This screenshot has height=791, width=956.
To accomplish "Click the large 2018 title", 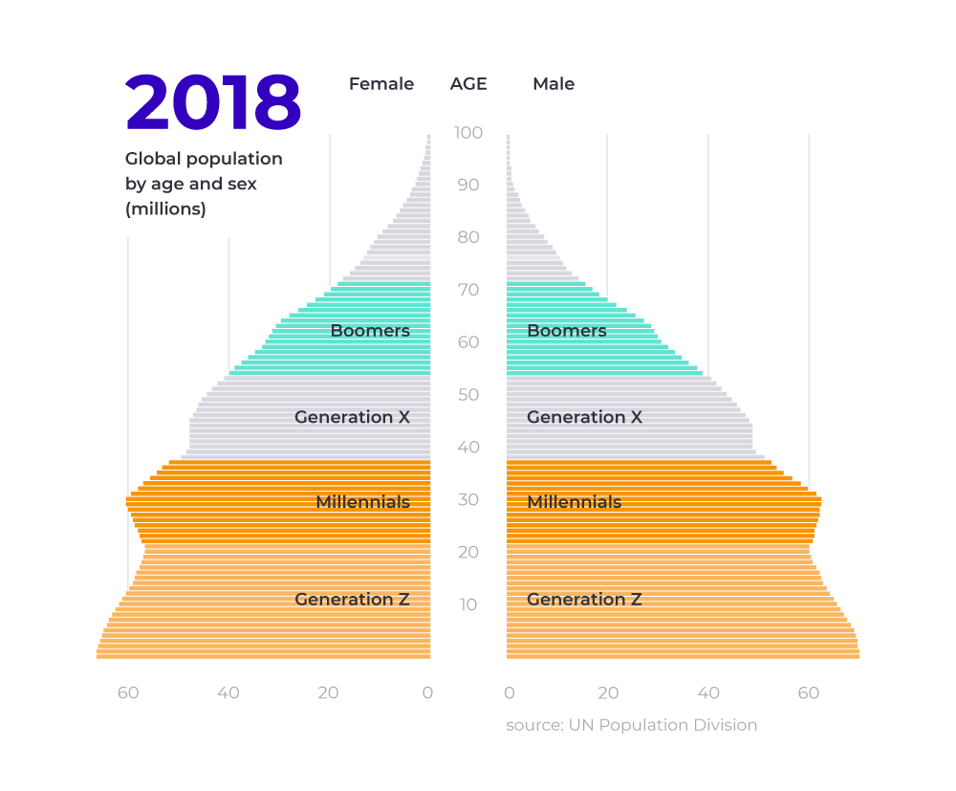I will pyautogui.click(x=213, y=102).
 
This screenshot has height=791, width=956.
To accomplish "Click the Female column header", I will pyautogui.click(x=381, y=84).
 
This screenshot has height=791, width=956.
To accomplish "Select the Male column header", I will pyautogui.click(x=554, y=84).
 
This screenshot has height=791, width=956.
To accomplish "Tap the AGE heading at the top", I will pyautogui.click(x=468, y=84).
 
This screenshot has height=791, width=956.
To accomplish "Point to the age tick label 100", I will pyautogui.click(x=468, y=132).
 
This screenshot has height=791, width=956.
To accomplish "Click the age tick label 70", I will pyautogui.click(x=468, y=290).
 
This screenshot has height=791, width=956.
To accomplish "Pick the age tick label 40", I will pyautogui.click(x=468, y=448).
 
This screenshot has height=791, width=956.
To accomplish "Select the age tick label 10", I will pyautogui.click(x=468, y=604).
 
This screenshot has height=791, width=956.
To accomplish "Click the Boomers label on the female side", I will pyautogui.click(x=370, y=331).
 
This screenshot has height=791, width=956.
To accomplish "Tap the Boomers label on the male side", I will pyautogui.click(x=567, y=331).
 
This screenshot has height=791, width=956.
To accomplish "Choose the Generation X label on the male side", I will pyautogui.click(x=584, y=417).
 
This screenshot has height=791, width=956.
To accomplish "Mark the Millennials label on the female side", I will pyautogui.click(x=362, y=502).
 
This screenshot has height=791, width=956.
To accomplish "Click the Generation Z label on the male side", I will pyautogui.click(x=584, y=600).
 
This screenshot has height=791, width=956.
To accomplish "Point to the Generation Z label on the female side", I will pyautogui.click(x=352, y=600).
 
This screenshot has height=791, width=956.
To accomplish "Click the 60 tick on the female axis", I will pyautogui.click(x=128, y=692).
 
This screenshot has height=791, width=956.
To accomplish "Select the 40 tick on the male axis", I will pyautogui.click(x=708, y=692).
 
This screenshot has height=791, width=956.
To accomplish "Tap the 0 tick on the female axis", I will pyautogui.click(x=427, y=692).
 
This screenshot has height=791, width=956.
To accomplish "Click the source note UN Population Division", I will pyautogui.click(x=632, y=725).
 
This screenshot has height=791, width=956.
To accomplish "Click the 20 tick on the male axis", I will pyautogui.click(x=608, y=692).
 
